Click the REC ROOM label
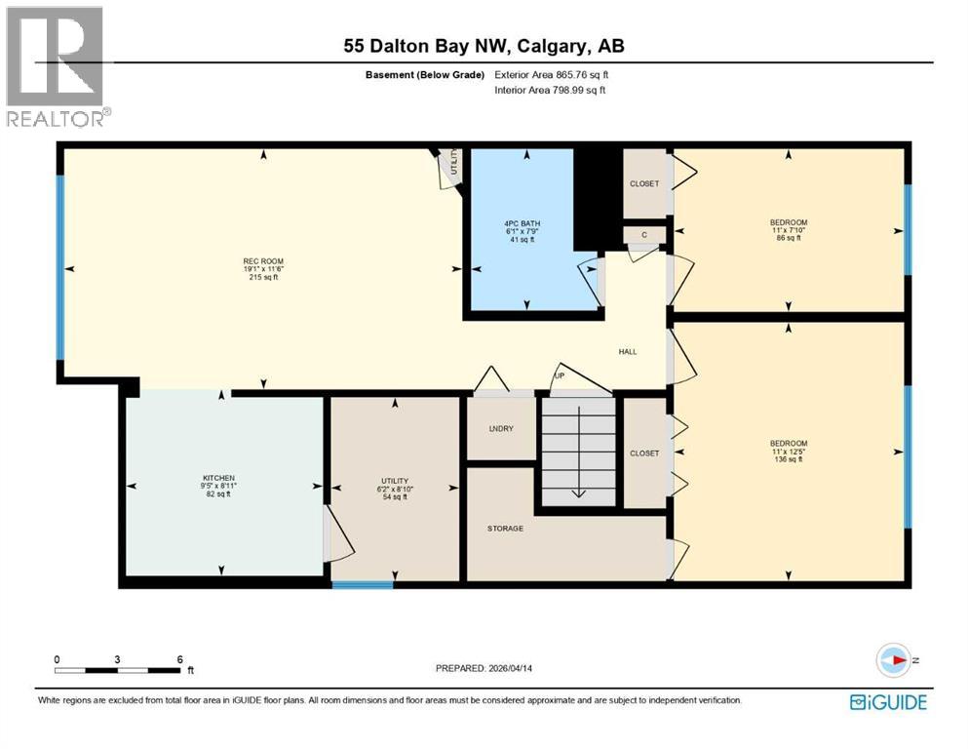click(x=263, y=261)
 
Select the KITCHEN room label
click(x=220, y=478)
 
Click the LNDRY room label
click(x=500, y=429)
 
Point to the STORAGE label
click(x=505, y=529)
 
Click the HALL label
click(x=628, y=351)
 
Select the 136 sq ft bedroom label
click(x=788, y=451)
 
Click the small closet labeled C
click(x=643, y=235)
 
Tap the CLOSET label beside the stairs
click(x=643, y=453)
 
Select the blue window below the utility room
click(x=362, y=584)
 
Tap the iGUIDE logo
click(x=888, y=702)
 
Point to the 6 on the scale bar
click(x=179, y=659)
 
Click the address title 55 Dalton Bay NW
click(x=483, y=47)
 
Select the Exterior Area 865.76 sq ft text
click(x=551, y=74)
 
